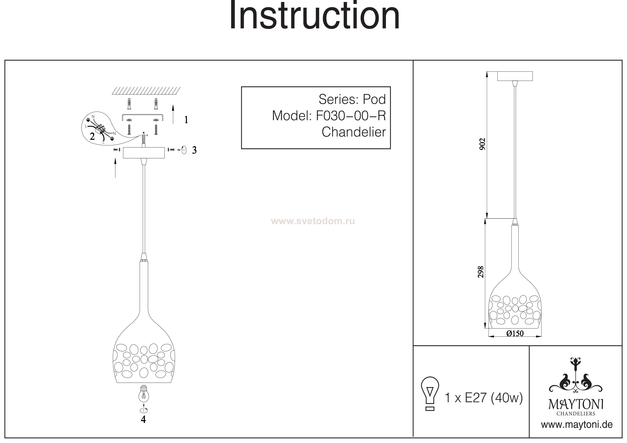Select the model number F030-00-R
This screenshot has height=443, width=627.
351,116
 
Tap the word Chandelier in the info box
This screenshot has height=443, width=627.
354,132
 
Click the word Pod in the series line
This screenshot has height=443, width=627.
374,99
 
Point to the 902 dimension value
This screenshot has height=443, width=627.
483,144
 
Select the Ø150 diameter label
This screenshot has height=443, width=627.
515,333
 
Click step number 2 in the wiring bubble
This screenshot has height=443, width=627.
92,136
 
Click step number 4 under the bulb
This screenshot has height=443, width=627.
143,420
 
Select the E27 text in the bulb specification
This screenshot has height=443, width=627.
476,398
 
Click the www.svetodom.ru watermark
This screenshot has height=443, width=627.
313,221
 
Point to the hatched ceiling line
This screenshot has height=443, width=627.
146,90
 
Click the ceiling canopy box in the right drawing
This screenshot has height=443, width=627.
515,76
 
